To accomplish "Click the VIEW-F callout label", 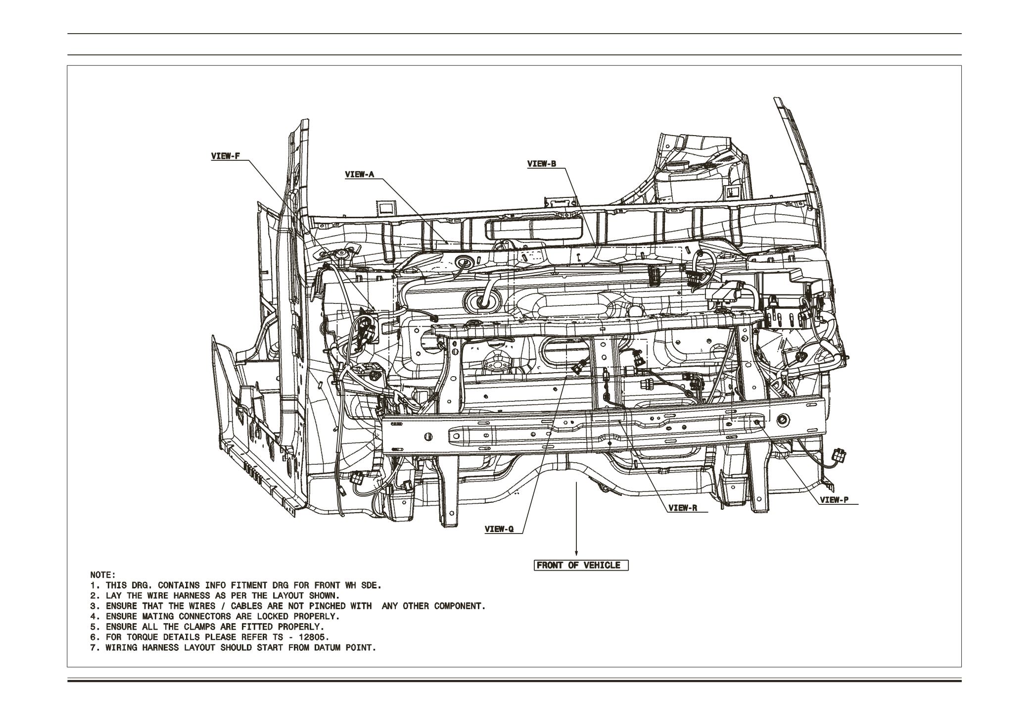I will click(x=225, y=156).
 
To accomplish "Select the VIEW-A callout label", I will click(x=360, y=174).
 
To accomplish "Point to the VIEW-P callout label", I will click(x=834, y=500).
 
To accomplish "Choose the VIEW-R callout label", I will click(x=682, y=508).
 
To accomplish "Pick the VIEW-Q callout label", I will click(x=499, y=529).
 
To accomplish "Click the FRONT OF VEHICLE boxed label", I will click(x=581, y=565).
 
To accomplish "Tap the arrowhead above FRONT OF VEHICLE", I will click(x=576, y=553).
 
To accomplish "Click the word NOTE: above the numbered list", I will click(x=102, y=575).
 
